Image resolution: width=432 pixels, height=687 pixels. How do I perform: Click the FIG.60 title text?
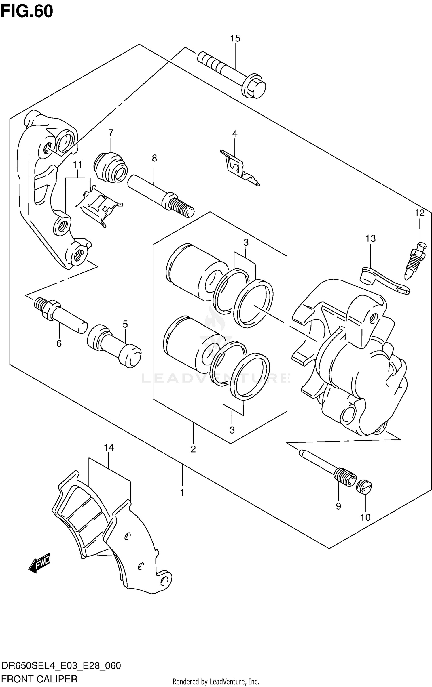click(26, 12)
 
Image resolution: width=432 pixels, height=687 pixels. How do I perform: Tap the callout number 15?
click(235, 38)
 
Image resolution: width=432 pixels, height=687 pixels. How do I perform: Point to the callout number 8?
click(154, 158)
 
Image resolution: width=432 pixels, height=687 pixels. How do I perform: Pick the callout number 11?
click(77, 165)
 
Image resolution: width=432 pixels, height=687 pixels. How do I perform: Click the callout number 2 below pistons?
click(193, 449)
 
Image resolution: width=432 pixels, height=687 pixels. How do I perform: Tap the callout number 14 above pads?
click(109, 447)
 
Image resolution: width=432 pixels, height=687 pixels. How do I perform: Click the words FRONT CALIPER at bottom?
click(39, 679)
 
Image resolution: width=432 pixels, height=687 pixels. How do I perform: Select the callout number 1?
click(182, 493)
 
